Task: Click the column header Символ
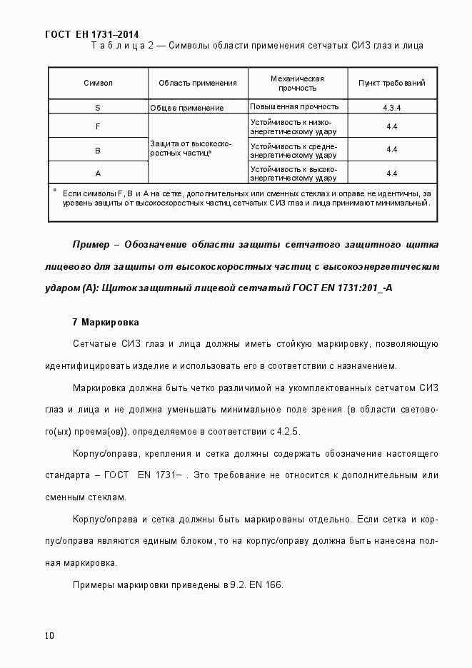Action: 98,83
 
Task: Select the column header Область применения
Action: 198,83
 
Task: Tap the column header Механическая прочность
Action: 298,83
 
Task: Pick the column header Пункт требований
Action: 391,83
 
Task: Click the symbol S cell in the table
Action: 98,108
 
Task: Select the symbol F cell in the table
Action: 98,126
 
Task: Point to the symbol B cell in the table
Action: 98,150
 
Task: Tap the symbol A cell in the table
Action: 98,173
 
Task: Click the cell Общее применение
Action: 187,108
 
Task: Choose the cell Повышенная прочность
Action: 293,106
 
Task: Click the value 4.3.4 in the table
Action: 391,108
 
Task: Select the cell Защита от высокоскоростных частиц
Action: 191,148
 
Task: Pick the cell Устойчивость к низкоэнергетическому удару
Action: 293,126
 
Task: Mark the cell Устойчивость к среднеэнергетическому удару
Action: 293,150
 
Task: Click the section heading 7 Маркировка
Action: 106,323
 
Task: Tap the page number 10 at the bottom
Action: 49,635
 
